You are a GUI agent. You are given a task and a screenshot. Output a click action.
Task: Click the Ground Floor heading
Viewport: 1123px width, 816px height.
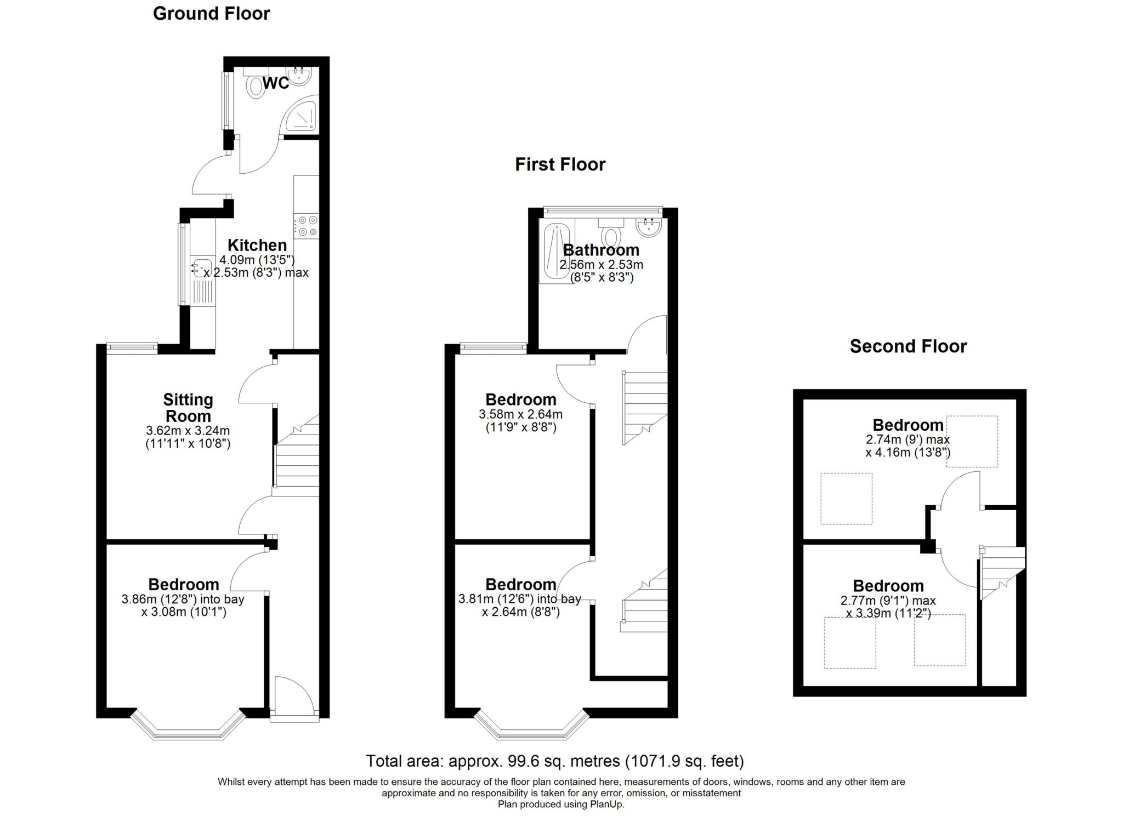(x=211, y=14)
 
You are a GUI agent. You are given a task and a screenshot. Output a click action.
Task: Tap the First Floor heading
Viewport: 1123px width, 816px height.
(x=560, y=164)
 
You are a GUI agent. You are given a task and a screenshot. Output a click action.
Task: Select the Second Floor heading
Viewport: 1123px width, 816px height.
(x=908, y=346)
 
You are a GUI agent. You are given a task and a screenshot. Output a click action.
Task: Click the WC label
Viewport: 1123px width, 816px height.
(x=276, y=83)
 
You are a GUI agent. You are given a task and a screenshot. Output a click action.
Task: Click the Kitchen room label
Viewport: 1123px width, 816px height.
(x=257, y=245)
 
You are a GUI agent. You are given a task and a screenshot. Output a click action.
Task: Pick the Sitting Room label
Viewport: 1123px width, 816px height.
(x=188, y=408)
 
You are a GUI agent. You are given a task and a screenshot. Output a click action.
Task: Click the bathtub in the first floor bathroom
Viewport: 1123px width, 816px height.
(x=557, y=253)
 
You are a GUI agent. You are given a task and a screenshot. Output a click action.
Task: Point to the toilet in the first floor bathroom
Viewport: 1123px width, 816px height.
(x=611, y=232)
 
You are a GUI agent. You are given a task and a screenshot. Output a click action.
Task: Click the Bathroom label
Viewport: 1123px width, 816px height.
(x=601, y=250)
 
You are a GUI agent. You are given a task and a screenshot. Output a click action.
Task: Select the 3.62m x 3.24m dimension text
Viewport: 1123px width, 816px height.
(x=188, y=431)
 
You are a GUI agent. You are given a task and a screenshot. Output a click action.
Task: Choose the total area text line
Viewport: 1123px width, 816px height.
(x=555, y=761)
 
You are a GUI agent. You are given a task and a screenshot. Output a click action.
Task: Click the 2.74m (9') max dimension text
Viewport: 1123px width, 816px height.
(x=908, y=440)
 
